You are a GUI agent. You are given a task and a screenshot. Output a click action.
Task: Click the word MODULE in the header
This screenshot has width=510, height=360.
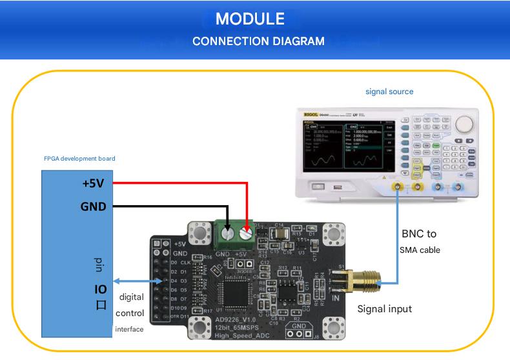[x=250, y=18]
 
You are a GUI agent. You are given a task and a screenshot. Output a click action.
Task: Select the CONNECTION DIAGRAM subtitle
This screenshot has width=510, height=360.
[x=258, y=41]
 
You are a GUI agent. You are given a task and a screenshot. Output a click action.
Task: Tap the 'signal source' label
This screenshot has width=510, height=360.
[x=389, y=92]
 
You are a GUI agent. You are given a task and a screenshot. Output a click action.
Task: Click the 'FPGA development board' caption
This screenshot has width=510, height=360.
[x=79, y=158]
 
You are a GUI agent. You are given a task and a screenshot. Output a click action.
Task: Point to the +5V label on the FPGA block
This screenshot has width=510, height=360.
[x=93, y=183]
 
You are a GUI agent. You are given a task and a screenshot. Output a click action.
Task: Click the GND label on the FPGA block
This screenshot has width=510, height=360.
[x=94, y=206]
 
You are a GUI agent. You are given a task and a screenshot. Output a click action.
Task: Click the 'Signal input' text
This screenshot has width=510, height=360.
[x=385, y=309]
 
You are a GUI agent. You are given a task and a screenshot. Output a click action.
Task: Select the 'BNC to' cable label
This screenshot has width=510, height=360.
[x=419, y=234]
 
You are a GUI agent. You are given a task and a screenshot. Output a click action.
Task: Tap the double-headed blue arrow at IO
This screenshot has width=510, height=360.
[x=136, y=281]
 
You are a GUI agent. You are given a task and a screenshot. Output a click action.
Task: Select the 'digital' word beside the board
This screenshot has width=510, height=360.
[x=131, y=297]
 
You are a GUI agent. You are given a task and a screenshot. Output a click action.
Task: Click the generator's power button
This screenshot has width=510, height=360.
[x=318, y=186]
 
